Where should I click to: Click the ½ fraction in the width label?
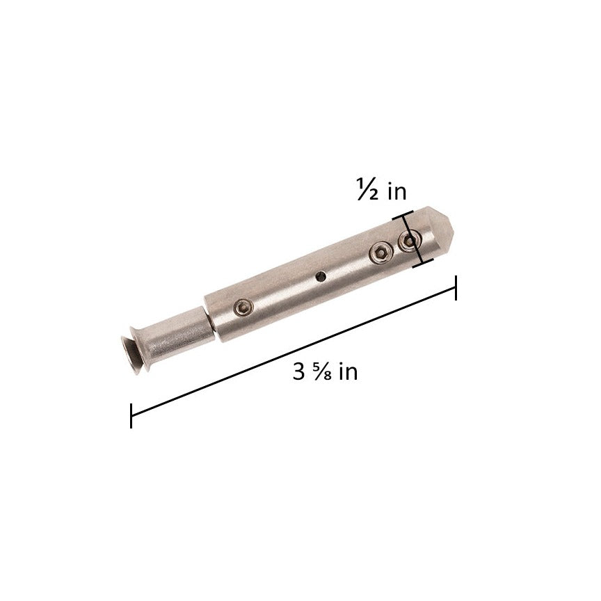pos(367,191)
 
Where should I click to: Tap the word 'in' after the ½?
pos(396,190)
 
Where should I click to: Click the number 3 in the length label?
pos(299,372)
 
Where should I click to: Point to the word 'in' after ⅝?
pos(348,372)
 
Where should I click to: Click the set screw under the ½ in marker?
pos(410,241)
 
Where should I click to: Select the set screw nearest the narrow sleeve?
pos(242,306)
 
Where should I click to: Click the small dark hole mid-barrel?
pos(320,277)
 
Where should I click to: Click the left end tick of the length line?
pos(131,415)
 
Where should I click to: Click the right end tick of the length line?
pos(456,288)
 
